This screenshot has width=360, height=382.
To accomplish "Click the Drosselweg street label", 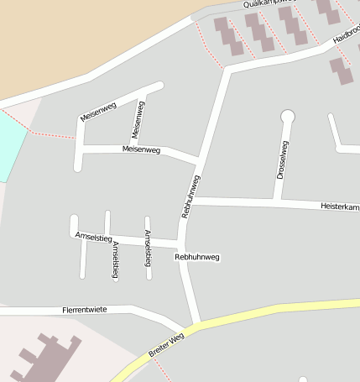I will pos(283,160).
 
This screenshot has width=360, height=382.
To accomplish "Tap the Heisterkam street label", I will pos(339,207).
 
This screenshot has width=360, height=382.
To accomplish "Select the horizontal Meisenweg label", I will pos(141,149).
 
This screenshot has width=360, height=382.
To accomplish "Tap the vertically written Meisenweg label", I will pos(139,120).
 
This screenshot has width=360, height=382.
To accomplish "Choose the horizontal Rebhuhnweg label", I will pos(197,256).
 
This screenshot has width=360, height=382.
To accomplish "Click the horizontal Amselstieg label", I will pos(93,237).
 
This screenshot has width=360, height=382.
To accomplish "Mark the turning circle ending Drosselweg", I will pos(288,115).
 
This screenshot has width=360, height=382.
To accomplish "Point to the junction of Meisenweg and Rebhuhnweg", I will pos(199,159).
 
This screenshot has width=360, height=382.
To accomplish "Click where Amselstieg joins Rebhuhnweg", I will pos(180,243).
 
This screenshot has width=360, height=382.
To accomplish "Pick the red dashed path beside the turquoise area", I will pos(50,134).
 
